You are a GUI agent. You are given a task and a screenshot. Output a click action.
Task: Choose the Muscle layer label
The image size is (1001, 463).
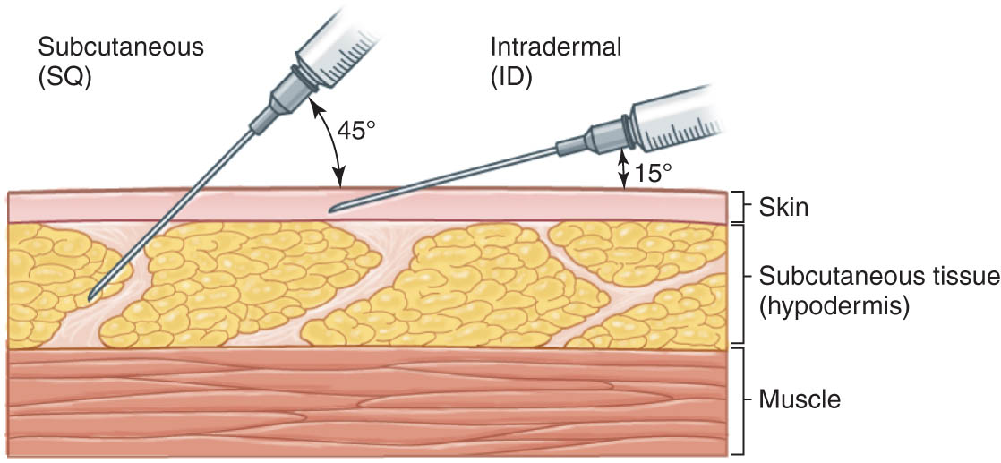click(799, 399)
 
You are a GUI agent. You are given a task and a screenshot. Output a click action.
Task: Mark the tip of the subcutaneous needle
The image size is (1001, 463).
click(90, 299)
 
